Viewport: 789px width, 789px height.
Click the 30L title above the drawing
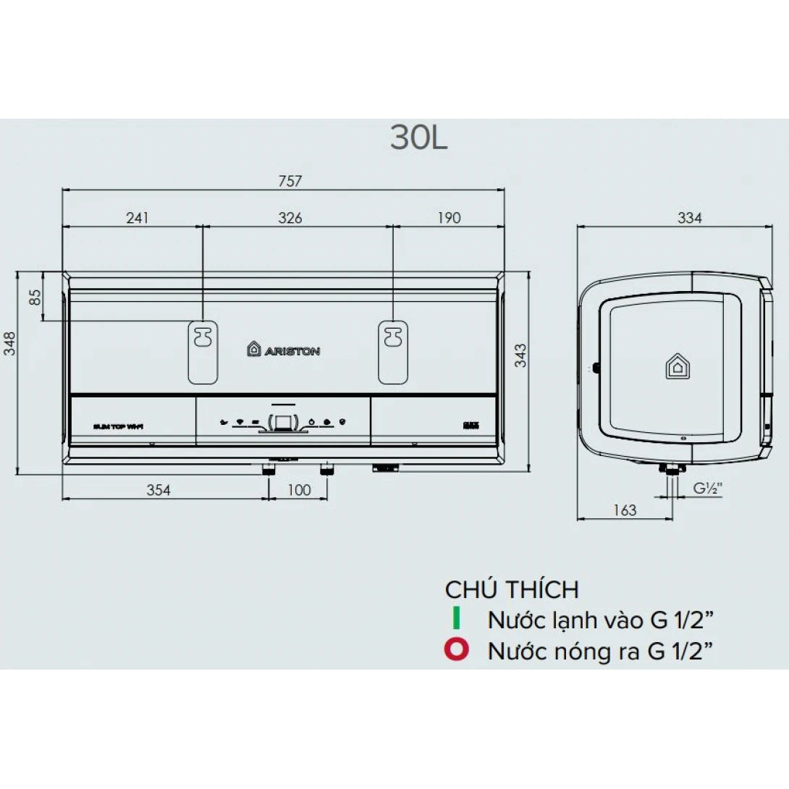[419, 138]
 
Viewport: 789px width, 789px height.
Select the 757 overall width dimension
[290, 181]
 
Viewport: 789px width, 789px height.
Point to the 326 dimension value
[290, 217]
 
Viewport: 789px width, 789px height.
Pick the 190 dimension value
[449, 217]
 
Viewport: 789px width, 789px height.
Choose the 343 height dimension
[520, 355]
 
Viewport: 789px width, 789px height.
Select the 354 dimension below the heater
[159, 490]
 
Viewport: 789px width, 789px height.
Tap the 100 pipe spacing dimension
[298, 490]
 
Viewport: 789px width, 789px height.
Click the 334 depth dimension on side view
[689, 217]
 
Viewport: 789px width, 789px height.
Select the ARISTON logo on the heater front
[283, 350]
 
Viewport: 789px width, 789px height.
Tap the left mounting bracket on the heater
[203, 352]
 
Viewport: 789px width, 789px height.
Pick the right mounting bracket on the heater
[393, 352]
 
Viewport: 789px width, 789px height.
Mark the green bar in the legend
[456, 620]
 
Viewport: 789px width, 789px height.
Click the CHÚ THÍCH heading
[512, 589]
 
